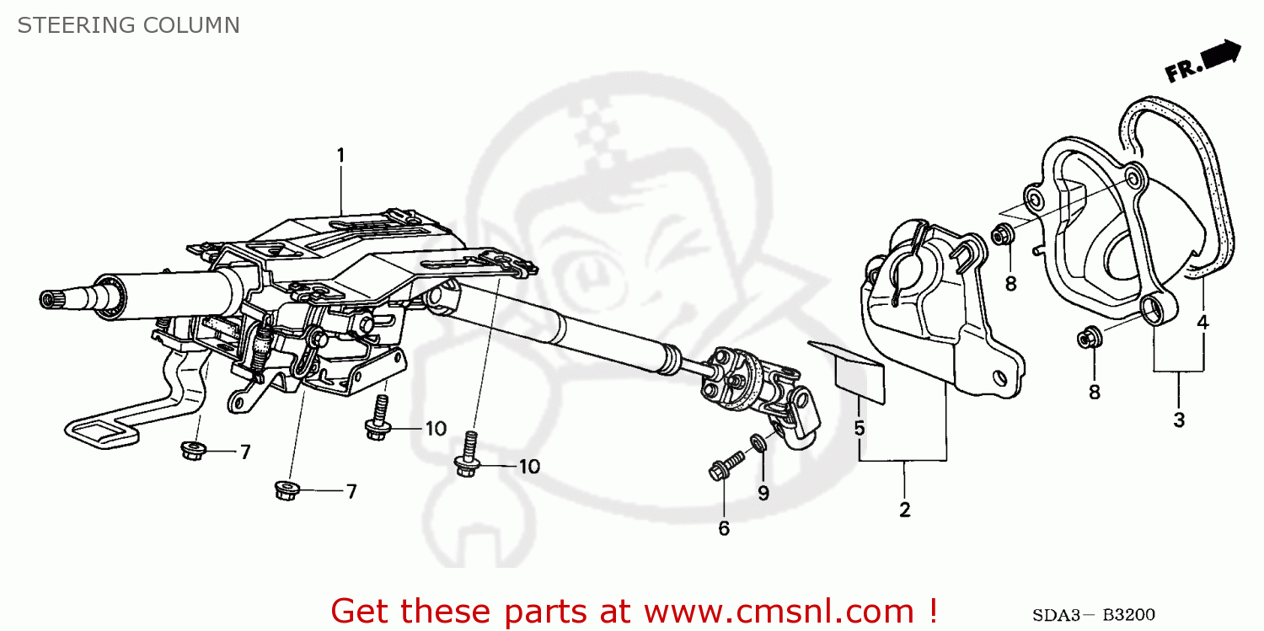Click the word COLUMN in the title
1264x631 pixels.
point(191,25)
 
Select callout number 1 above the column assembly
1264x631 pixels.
point(341,156)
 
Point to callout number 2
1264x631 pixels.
point(904,510)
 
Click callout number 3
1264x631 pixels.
point(1178,420)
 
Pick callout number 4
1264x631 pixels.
point(1202,321)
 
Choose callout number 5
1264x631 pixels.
point(859,428)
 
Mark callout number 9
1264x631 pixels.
point(763,494)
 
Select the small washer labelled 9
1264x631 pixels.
point(758,441)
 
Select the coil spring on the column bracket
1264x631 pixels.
point(261,347)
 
